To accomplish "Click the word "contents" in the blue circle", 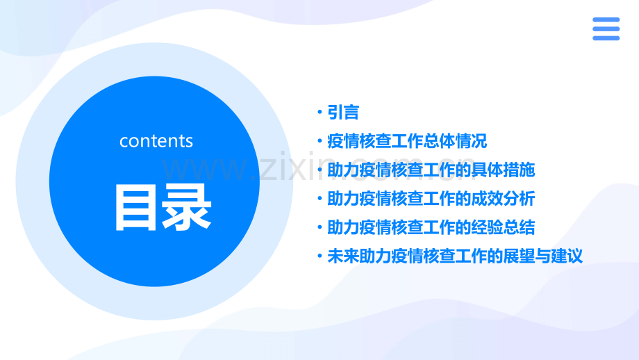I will (156, 141).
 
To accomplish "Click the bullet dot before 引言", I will (319, 113).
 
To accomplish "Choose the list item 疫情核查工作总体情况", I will (407, 141).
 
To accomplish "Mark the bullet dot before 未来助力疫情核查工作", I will (319, 256).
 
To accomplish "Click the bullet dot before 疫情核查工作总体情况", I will (319, 141).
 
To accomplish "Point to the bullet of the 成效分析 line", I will (319, 199).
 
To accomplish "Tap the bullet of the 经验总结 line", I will (319, 227).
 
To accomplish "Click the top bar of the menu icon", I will (606, 20).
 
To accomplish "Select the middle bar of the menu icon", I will (606, 29).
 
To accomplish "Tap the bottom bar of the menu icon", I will (606, 38).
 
